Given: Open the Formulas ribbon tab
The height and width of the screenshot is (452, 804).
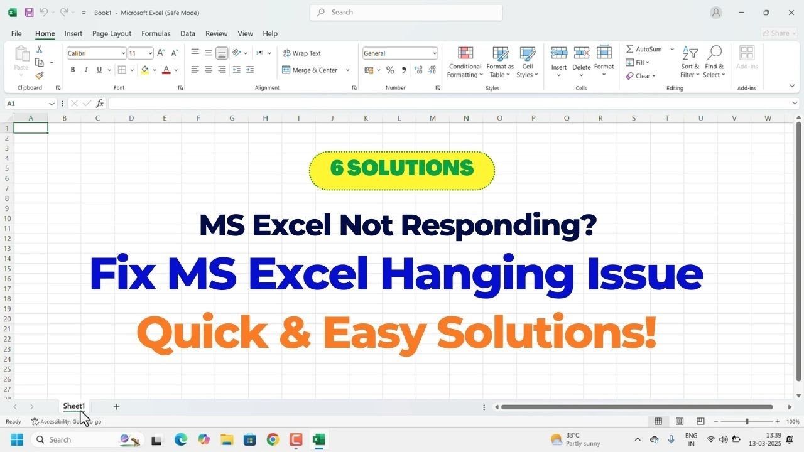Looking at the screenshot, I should [156, 34].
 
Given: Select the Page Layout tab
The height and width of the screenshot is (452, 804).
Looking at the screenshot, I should [112, 34].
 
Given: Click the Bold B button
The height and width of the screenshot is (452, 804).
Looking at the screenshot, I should [73, 70].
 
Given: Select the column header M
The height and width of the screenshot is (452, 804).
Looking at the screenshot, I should [433, 118].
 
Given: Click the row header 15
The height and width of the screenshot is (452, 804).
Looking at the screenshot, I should [7, 269].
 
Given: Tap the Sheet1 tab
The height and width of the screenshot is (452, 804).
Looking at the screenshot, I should [73, 406].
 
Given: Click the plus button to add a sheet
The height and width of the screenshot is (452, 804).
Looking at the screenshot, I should [116, 407].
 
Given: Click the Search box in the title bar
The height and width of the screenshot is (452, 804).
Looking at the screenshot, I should [406, 13].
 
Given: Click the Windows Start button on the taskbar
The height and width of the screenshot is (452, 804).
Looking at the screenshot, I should [17, 439].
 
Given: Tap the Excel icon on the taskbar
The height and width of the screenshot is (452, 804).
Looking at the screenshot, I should [318, 439].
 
